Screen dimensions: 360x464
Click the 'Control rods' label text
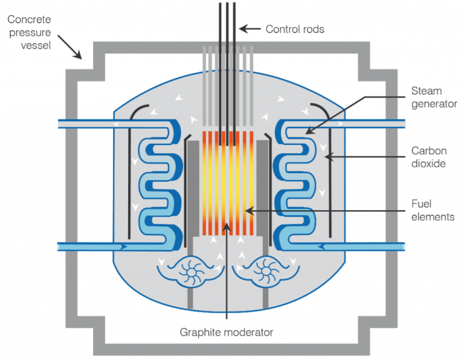pyautogui.click(x=294, y=28)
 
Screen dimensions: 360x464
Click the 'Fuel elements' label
pyautogui.click(x=433, y=211)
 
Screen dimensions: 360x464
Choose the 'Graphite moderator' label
pyautogui.click(x=226, y=332)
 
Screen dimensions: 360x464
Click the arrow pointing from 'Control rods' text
pyautogui.click(x=251, y=28)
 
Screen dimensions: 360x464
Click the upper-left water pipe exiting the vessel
pyautogui.click(x=85, y=124)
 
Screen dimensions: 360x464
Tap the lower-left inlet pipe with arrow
pyautogui.click(x=85, y=246)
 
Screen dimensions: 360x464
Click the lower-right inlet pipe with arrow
pyautogui.click(x=375, y=246)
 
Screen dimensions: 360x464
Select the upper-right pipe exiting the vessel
pyautogui.click(x=375, y=124)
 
